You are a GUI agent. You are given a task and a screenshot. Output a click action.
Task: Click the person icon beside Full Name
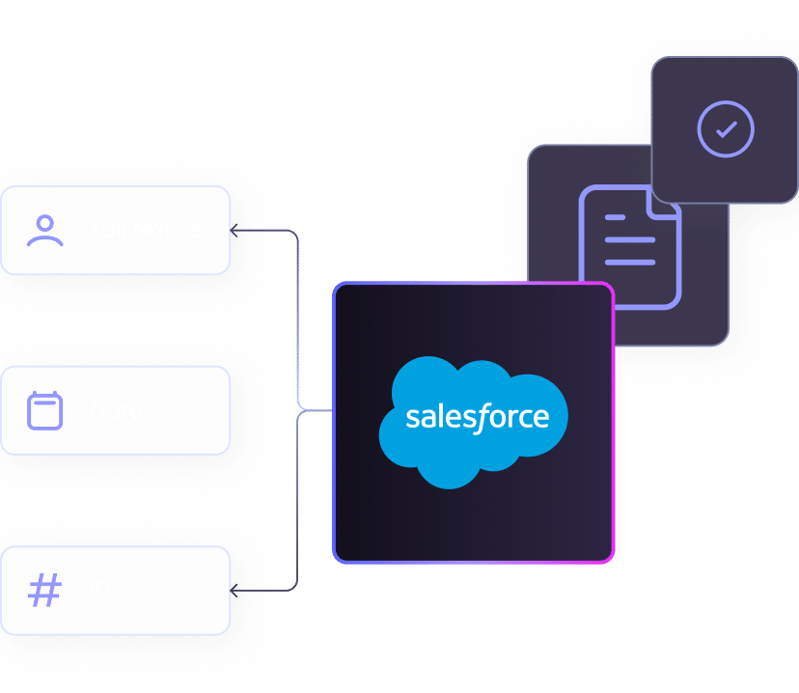pos(45,230)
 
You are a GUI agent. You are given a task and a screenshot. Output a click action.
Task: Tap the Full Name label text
pos(145,230)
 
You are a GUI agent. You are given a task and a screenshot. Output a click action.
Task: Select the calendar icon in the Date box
pos(44,411)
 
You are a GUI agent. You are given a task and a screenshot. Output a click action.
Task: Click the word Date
pos(117,411)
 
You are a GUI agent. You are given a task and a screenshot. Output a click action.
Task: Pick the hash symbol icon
pos(44,591)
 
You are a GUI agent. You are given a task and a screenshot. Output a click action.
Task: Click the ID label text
pos(100,591)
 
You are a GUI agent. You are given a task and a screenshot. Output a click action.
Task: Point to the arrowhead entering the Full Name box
pos(234,231)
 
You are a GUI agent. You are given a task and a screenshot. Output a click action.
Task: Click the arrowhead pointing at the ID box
pos(234,590)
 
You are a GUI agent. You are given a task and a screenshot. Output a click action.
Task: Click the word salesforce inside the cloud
pos(477,418)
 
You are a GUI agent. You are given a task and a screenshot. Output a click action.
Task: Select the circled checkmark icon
pos(726,128)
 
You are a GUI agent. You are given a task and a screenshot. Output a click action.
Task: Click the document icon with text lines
pos(629,248)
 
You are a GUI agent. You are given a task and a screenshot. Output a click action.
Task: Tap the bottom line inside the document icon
pos(629,262)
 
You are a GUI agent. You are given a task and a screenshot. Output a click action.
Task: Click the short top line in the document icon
pos(615,219)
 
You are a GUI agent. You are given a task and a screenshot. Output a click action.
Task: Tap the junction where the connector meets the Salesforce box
pos(332,411)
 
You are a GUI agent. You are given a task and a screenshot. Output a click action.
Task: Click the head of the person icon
pos(45,222)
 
